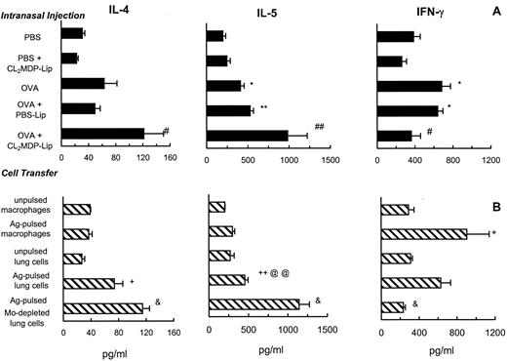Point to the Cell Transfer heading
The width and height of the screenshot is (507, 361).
(28, 175)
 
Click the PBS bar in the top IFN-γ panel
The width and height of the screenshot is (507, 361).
(398, 36)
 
